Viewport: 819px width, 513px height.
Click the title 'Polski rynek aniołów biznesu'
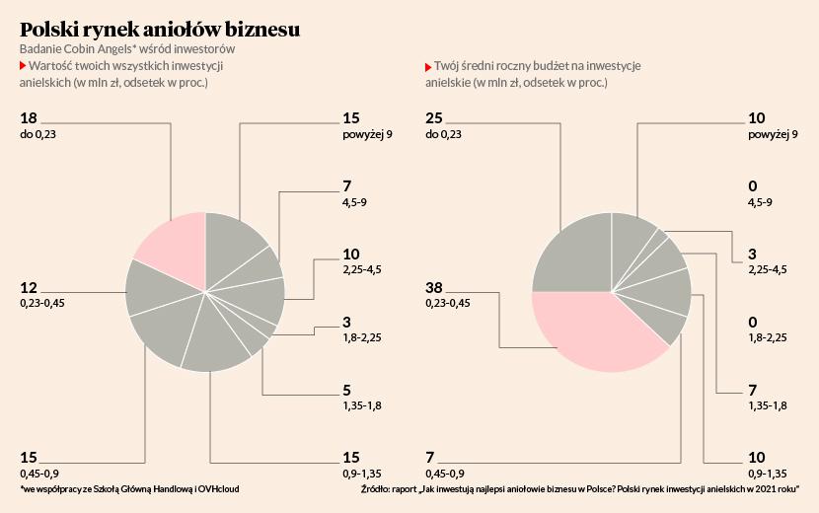160,30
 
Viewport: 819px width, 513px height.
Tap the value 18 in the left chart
29,118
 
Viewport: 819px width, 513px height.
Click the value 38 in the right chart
434,288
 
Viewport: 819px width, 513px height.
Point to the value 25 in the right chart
434,118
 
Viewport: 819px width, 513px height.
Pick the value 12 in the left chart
29,288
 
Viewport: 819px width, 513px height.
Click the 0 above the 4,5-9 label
753,185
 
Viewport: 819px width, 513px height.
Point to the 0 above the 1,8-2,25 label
753,323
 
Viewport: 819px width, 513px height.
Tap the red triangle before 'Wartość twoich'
23,65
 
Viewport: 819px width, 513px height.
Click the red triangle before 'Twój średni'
428,66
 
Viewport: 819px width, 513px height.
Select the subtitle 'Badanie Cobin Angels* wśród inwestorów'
127,48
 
